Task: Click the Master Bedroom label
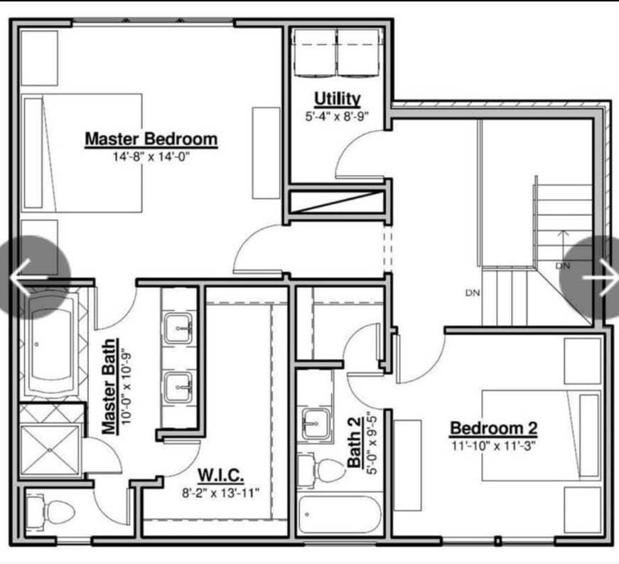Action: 151,139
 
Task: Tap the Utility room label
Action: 338,98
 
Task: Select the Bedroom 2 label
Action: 493,429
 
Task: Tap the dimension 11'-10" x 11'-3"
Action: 493,446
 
